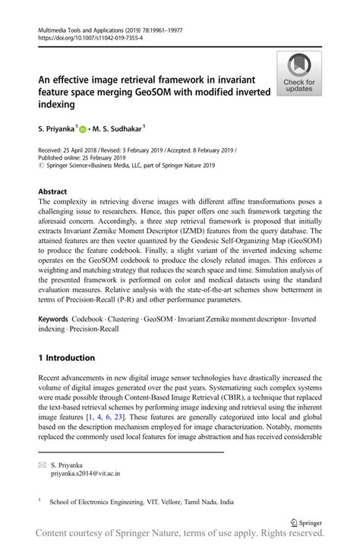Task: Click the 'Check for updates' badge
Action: pos(299,74)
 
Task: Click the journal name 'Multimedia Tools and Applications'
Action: pos(87,30)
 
